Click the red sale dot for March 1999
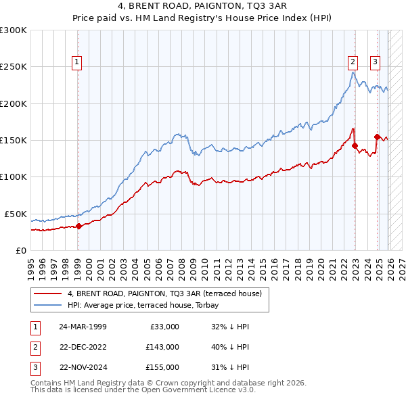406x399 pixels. click(x=78, y=226)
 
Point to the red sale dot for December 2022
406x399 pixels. click(x=355, y=145)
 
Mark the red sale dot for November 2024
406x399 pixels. click(x=377, y=137)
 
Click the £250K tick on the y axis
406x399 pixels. click(x=14, y=67)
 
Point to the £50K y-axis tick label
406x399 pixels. click(x=16, y=214)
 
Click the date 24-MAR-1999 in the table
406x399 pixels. click(x=83, y=327)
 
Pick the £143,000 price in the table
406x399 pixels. click(x=162, y=347)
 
